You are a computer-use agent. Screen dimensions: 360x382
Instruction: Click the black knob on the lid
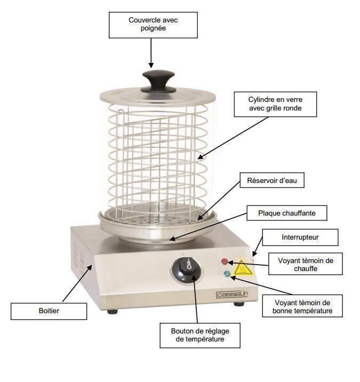[x=158, y=82]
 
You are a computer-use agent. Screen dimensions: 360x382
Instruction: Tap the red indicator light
[x=225, y=261]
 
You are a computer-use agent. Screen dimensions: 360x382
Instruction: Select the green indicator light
[x=227, y=274]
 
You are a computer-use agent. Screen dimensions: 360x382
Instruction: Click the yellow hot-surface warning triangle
[x=242, y=268]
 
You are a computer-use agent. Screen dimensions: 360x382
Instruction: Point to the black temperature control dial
[x=186, y=270]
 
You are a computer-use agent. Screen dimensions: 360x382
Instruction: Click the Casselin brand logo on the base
[x=231, y=295]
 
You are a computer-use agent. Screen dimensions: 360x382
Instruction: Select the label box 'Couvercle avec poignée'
[x=153, y=25]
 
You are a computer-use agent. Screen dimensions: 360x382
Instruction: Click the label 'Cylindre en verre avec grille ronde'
[x=275, y=104]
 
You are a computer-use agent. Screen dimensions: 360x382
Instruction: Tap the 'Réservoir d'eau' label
[x=272, y=180]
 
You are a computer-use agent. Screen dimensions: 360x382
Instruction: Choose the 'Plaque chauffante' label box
[x=287, y=213]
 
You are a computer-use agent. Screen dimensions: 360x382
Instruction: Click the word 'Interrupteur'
[x=300, y=237]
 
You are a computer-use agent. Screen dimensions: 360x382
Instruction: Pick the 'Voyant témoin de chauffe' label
[x=306, y=264]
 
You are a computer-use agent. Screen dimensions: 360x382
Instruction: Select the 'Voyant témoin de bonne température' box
[x=302, y=306]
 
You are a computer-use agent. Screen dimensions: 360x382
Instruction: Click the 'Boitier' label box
[x=49, y=311]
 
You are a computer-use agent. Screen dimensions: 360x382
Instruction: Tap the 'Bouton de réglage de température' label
[x=199, y=335]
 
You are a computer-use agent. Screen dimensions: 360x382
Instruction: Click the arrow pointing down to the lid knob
[x=151, y=53]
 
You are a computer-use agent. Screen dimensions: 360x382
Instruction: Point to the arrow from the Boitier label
[x=77, y=284]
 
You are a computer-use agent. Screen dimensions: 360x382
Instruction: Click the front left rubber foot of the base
[x=113, y=312]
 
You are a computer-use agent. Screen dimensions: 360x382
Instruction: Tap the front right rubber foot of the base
[x=239, y=304]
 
